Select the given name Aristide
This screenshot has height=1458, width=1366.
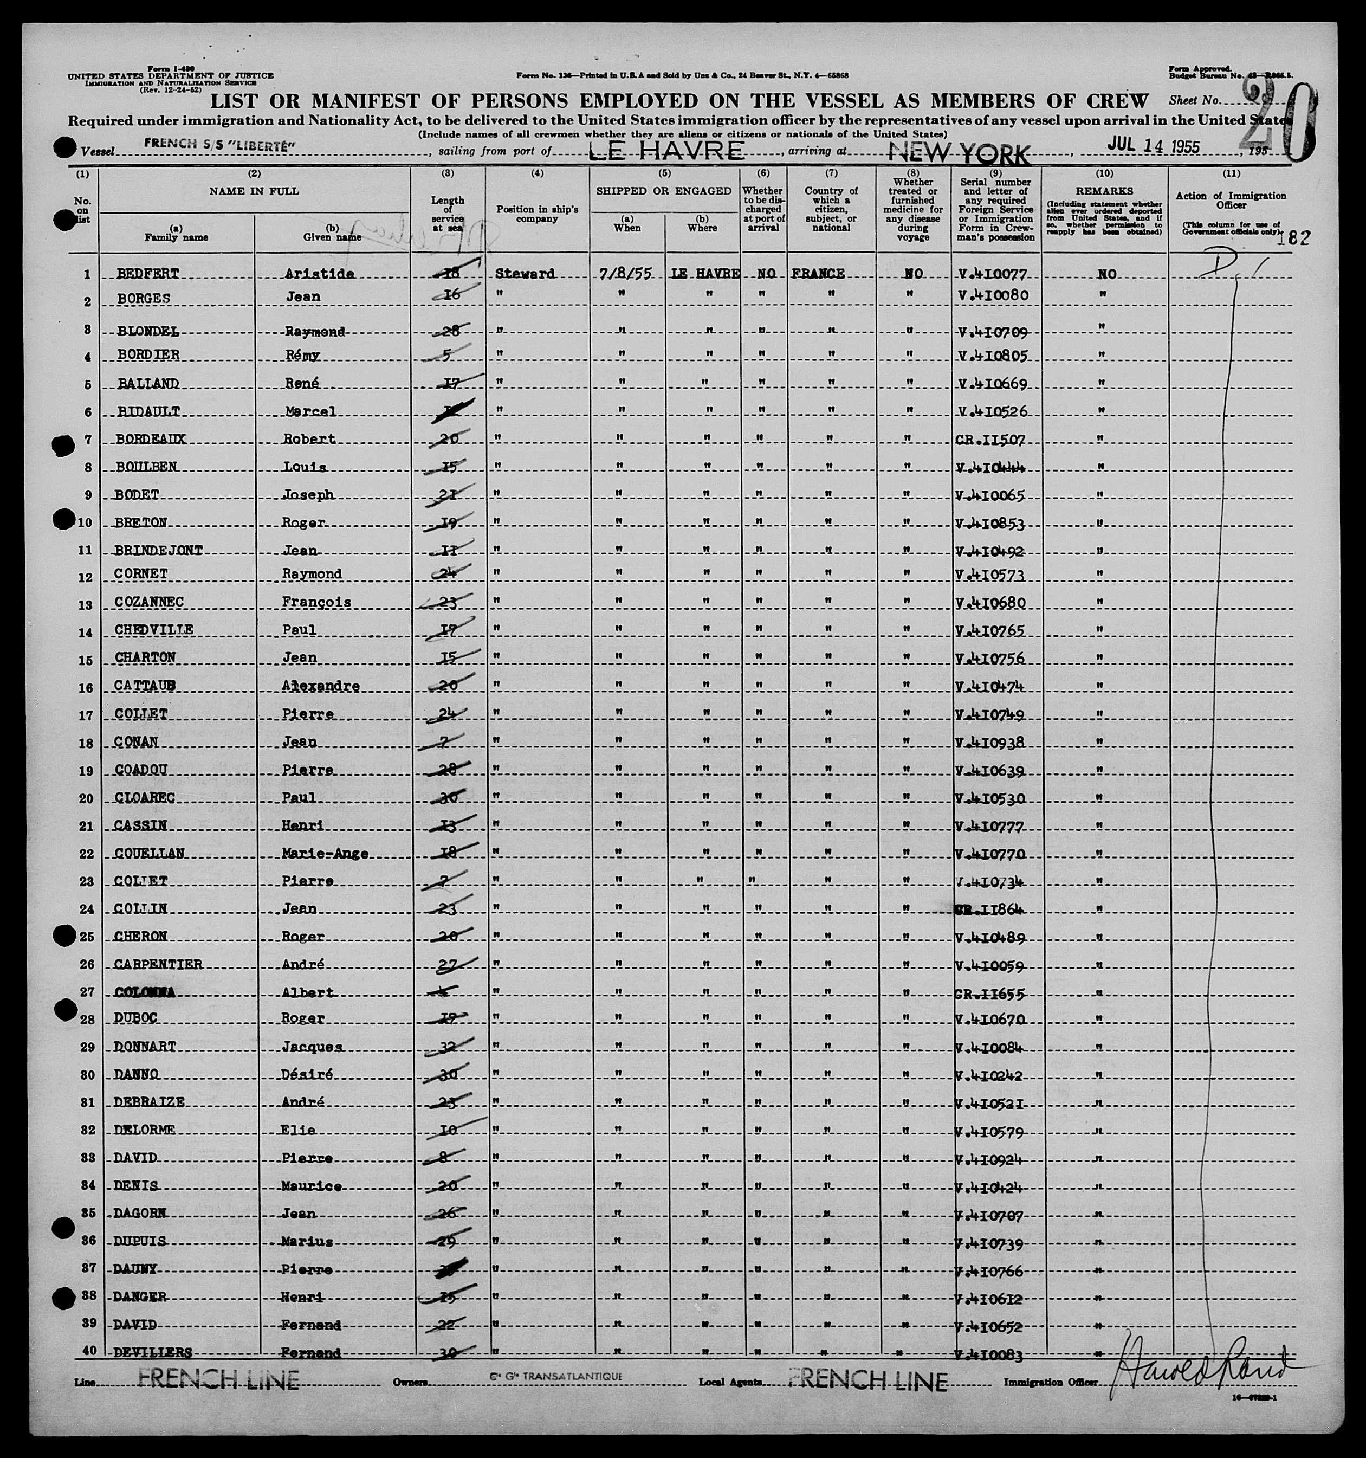coord(319,274)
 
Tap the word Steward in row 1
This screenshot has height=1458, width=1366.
coord(525,274)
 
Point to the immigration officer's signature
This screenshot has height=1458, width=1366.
coord(1202,1367)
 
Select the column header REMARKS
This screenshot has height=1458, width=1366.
coord(1104,191)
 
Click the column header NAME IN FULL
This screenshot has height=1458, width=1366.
coord(254,191)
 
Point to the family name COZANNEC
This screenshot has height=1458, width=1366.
coord(149,602)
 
